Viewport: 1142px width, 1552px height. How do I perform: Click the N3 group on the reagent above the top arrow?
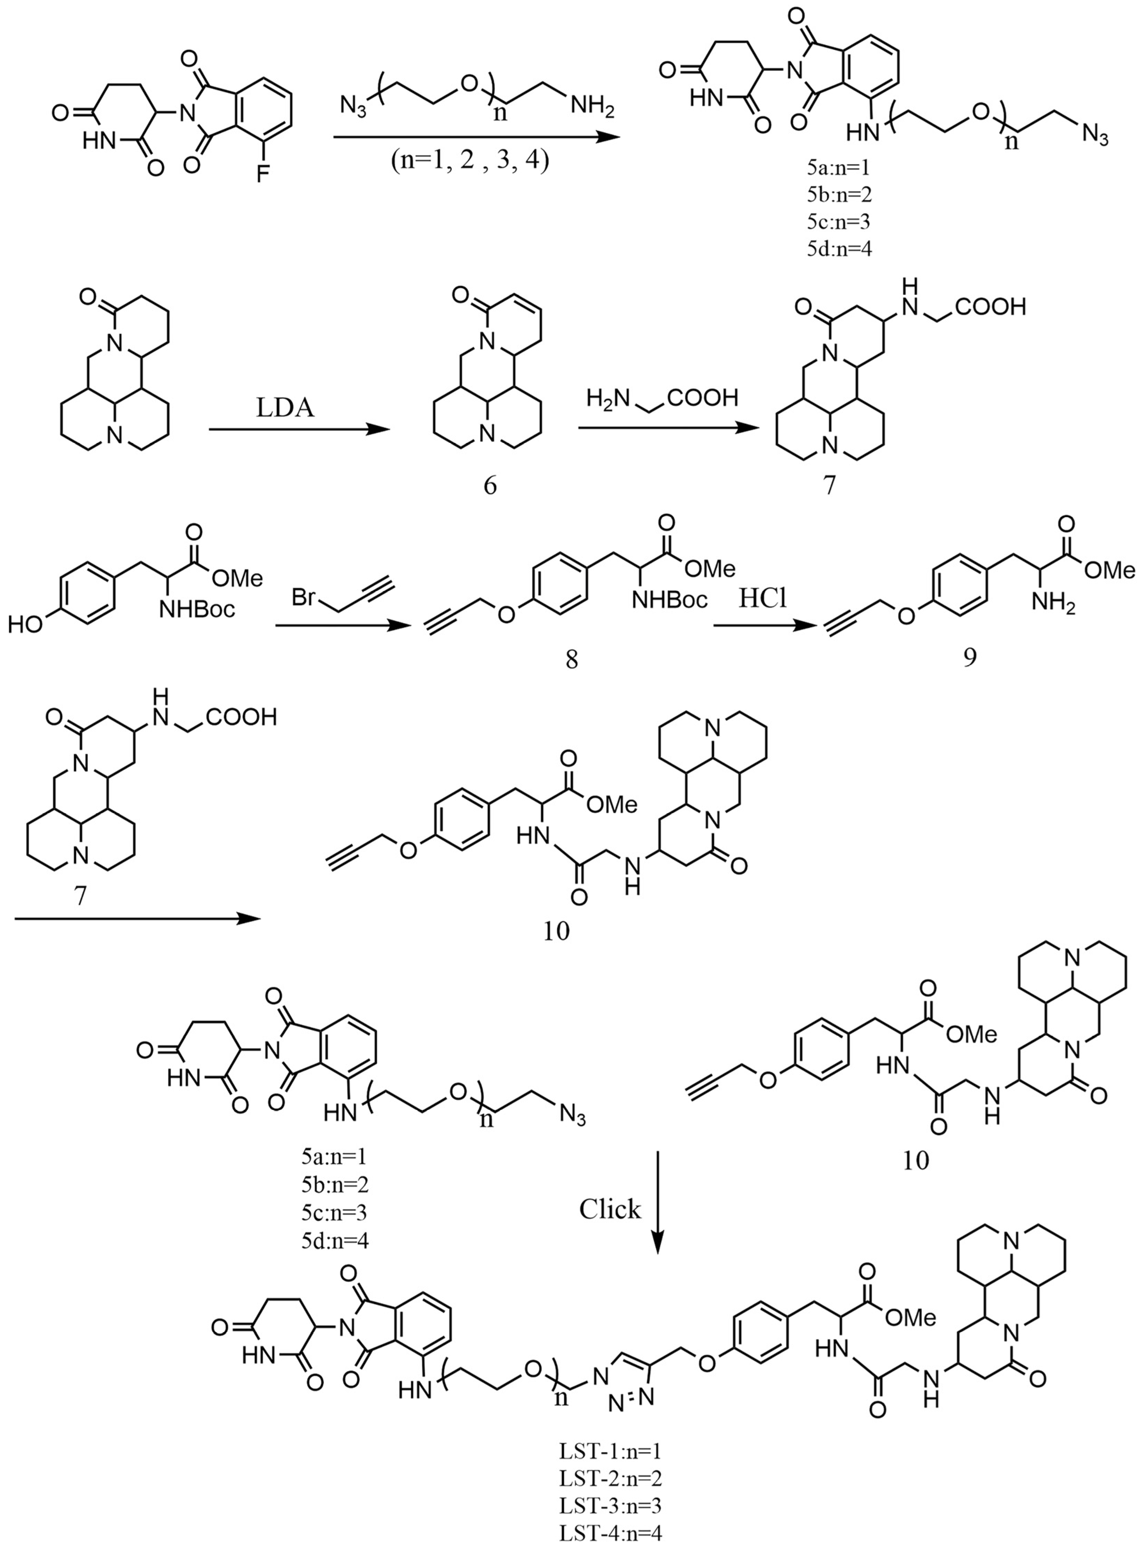click(x=354, y=107)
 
